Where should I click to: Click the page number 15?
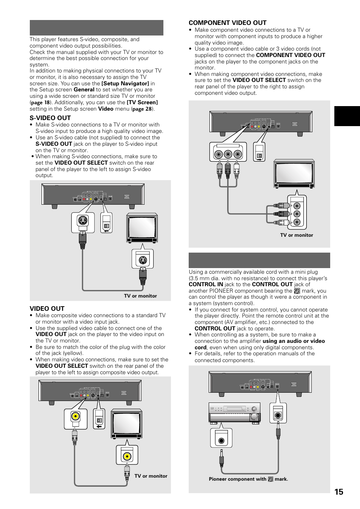338,491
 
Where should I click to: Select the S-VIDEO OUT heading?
50,118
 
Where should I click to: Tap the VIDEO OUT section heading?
47,308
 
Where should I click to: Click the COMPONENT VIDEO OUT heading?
228,23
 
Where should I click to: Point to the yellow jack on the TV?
127,455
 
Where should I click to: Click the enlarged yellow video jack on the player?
76,417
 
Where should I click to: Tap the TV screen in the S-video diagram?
142,228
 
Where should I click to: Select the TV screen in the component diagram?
294,174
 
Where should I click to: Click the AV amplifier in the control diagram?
235,412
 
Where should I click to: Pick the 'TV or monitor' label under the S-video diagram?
140,296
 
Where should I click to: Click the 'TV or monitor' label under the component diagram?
297,235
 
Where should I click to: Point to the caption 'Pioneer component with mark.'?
248,479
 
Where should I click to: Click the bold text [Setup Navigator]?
125,83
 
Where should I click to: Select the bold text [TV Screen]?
142,102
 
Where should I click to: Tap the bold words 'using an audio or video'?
294,341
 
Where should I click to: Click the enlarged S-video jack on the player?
83,221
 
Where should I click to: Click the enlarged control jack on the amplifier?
222,440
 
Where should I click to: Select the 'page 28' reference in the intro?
143,109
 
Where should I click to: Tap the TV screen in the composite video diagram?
126,424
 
